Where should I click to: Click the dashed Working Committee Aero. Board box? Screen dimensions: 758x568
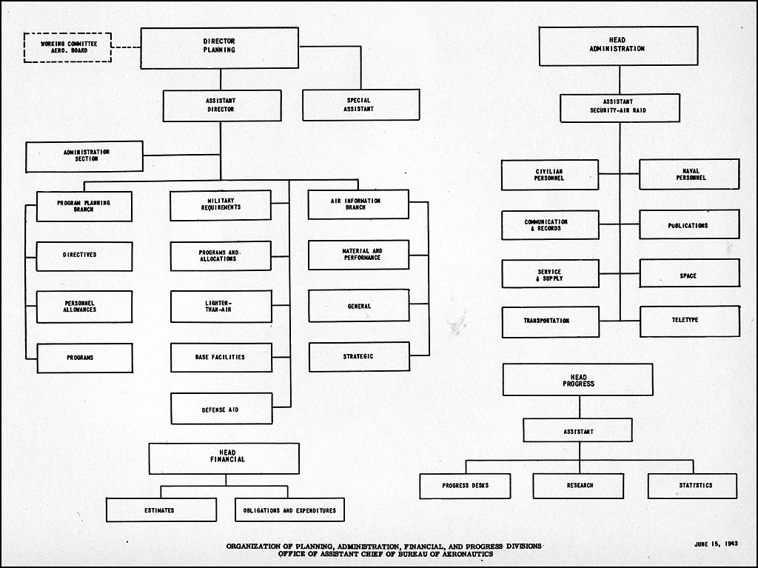tap(67, 47)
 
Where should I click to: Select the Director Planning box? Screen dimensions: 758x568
tap(219, 48)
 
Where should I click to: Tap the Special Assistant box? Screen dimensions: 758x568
tap(360, 105)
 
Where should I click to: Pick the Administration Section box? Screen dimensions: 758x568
tap(84, 156)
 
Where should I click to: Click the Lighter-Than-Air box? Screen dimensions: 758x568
tap(221, 307)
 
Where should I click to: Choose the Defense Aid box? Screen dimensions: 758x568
tap(221, 408)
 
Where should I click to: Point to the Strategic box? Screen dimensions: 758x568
tap(359, 356)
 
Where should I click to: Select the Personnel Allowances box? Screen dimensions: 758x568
tap(84, 307)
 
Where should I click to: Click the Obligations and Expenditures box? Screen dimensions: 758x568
tap(289, 510)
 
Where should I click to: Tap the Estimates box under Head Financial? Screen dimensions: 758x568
tap(161, 510)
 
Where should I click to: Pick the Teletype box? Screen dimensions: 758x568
tap(690, 321)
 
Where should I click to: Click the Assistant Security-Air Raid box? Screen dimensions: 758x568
tap(620, 108)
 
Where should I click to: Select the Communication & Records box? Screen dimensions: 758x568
tap(550, 225)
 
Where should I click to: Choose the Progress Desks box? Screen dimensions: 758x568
tap(465, 486)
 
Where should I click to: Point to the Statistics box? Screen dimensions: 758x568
tap(692, 486)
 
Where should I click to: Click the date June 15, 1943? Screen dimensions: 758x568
tap(716, 544)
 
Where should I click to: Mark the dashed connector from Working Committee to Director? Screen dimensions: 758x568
tap(126, 47)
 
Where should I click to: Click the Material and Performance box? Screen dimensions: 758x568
tap(359, 255)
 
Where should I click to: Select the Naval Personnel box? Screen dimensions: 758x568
tap(689, 174)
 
